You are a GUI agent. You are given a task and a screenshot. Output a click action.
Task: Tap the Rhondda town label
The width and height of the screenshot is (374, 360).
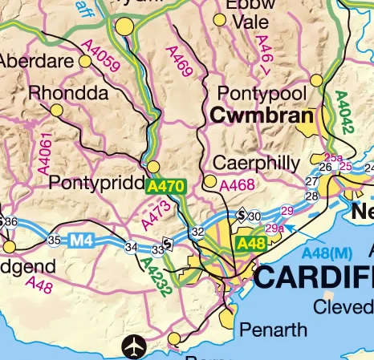[68, 94]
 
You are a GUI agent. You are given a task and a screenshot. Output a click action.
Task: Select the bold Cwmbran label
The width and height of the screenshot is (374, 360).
[261, 117]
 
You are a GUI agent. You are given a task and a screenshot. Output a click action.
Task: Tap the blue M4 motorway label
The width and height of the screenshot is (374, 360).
[80, 239]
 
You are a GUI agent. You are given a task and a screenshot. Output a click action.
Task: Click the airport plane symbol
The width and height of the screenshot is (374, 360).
[134, 347]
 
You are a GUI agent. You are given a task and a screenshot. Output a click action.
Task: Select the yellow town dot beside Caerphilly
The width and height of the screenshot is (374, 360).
[210, 182]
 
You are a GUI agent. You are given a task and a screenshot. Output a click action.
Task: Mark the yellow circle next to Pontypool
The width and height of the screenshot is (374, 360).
[316, 80]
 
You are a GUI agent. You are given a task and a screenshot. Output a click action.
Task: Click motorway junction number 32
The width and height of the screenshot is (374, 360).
[197, 232]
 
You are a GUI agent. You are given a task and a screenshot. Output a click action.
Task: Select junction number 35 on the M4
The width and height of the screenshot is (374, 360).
[54, 240]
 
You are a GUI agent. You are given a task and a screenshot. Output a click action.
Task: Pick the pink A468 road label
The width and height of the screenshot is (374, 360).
[238, 185]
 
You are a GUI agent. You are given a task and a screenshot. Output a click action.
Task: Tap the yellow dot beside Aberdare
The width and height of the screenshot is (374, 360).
[86, 61]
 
